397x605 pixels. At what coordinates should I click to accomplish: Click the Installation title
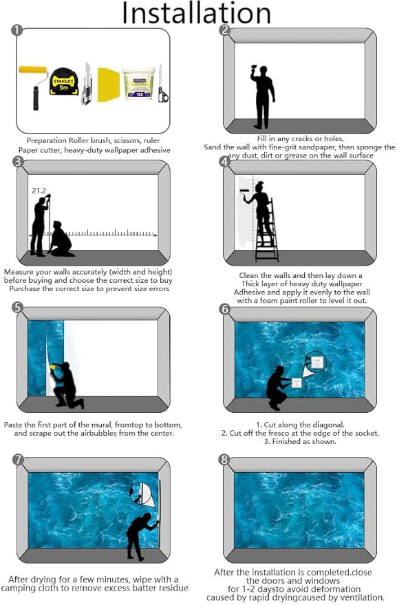[x=196, y=14]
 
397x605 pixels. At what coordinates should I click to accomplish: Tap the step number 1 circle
[x=17, y=30]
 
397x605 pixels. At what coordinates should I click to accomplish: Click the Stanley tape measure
[x=64, y=81]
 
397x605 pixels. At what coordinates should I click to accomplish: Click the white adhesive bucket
[x=139, y=83]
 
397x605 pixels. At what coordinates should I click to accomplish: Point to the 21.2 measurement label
[x=39, y=190]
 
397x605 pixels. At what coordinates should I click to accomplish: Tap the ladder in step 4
[x=267, y=231]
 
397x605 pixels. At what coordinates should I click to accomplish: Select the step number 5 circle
[x=17, y=307]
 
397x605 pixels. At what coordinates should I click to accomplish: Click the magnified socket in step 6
[x=316, y=362]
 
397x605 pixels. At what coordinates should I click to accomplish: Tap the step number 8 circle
[x=224, y=460]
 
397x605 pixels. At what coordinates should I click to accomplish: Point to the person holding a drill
[x=262, y=96]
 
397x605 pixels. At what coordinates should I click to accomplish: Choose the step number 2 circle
[x=224, y=30]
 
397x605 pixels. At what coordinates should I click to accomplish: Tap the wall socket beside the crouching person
[x=297, y=383]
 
